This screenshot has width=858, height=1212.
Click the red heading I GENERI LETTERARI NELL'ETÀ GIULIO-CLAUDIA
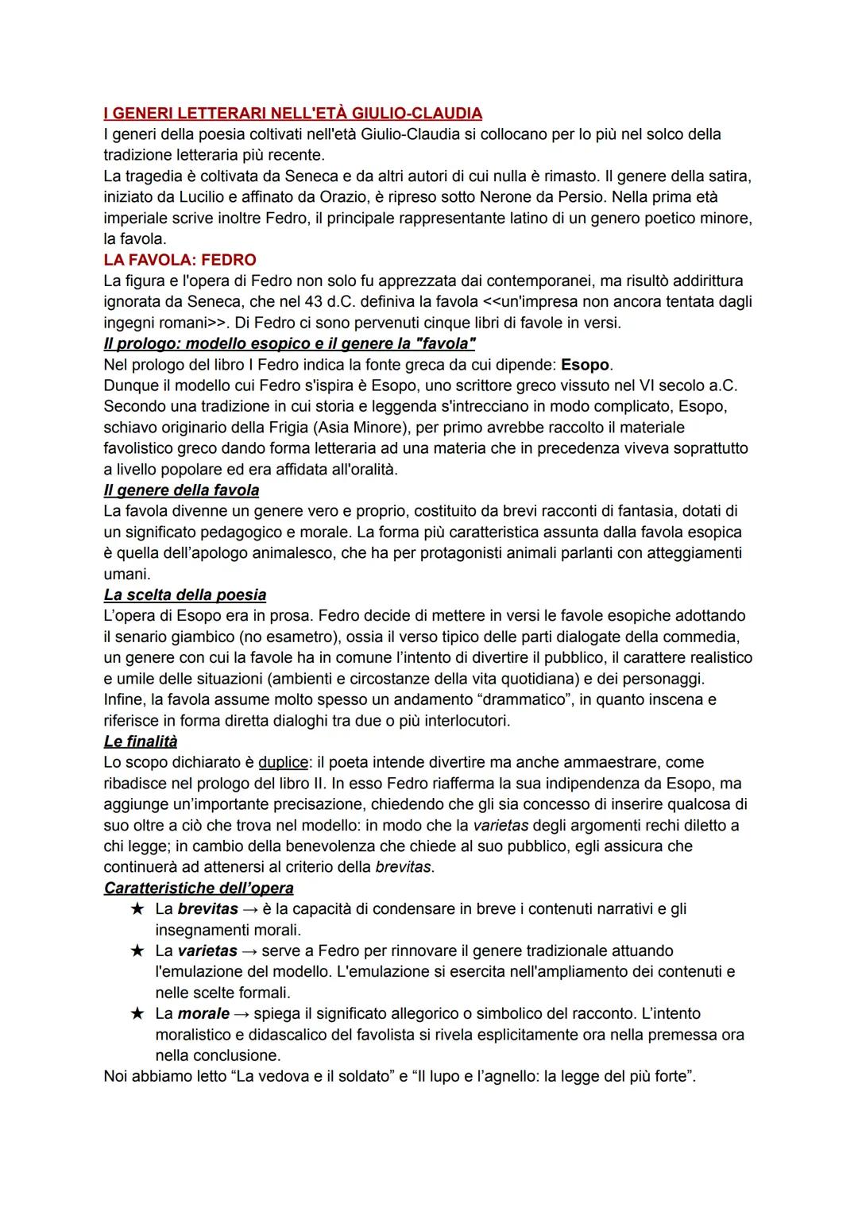click(292, 113)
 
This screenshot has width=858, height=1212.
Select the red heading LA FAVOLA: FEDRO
click(180, 260)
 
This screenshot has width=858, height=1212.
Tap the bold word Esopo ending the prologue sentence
click(585, 365)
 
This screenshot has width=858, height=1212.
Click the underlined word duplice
click(283, 762)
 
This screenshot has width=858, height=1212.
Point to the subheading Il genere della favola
click(181, 490)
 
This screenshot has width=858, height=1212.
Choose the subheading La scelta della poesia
click(184, 595)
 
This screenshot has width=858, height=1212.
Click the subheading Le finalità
click(140, 742)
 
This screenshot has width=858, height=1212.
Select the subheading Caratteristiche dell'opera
click(199, 888)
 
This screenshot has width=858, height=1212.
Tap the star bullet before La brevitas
click(137, 909)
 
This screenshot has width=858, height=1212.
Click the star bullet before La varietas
click(137, 951)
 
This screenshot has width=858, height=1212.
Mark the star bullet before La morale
click(137, 1014)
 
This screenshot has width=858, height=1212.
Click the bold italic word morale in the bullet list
click(203, 1014)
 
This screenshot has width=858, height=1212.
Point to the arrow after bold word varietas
click(249, 951)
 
